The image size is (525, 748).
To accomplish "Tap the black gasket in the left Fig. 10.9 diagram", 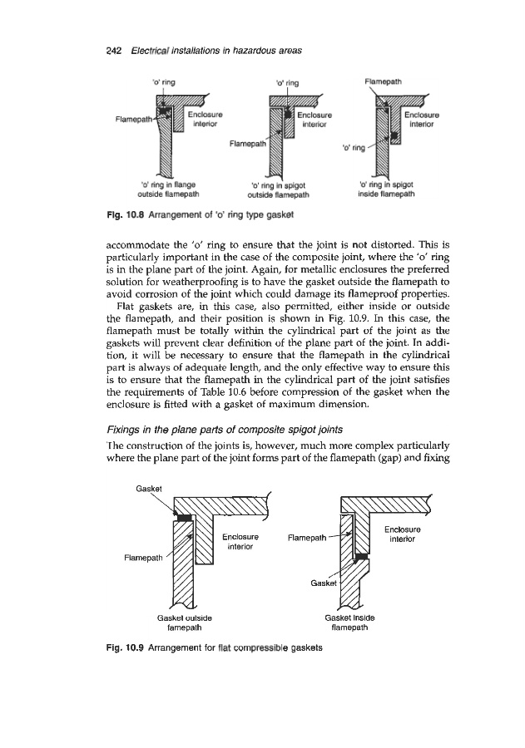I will [x=185, y=517].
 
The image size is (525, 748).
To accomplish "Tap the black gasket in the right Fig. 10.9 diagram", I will [x=362, y=557].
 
